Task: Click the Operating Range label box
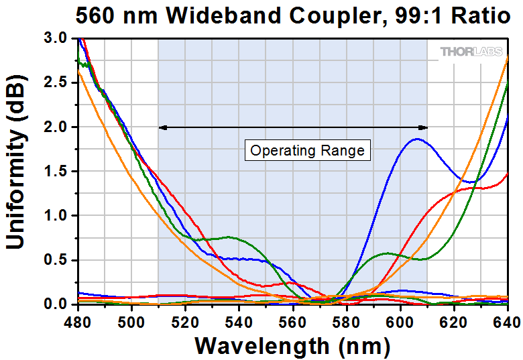[307, 150]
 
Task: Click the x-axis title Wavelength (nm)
[292, 345]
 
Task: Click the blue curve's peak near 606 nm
[417, 139]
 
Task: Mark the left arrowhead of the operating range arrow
[161, 127]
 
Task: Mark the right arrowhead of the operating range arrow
[424, 127]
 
